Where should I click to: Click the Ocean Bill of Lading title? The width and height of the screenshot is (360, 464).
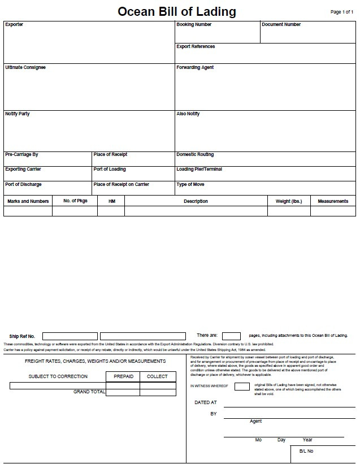[x=177, y=12]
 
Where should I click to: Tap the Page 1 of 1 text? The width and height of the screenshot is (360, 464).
[x=342, y=12]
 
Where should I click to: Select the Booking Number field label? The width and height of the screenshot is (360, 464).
[x=194, y=25]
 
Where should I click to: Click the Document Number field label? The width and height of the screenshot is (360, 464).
[x=281, y=25]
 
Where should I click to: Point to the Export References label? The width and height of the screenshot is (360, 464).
[x=196, y=46]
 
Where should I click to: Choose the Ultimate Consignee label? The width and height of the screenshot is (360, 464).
[x=25, y=68]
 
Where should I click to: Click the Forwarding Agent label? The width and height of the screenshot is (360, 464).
[x=195, y=68]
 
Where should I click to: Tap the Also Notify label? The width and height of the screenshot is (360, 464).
[x=188, y=114]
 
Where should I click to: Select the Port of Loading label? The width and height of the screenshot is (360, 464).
[x=110, y=170]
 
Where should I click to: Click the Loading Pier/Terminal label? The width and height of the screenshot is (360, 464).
[x=199, y=170]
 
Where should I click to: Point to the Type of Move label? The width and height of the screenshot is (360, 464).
[x=190, y=185]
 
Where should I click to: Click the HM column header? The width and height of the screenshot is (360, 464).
[x=111, y=201]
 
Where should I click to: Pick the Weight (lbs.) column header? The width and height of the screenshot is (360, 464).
[x=288, y=201]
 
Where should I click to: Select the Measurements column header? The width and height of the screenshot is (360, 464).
[x=333, y=201]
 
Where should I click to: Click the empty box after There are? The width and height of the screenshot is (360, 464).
[x=231, y=336]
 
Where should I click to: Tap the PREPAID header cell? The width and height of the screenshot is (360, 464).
[x=123, y=376]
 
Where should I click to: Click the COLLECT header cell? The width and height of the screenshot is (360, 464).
[x=157, y=376]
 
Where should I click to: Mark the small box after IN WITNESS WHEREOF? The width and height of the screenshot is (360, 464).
[x=242, y=387]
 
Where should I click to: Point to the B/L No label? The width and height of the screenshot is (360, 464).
[x=306, y=451]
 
